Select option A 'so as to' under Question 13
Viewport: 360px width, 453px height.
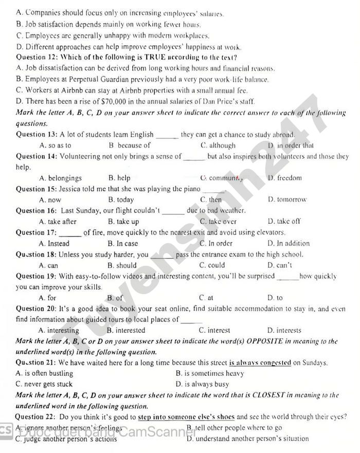click(x=55, y=146)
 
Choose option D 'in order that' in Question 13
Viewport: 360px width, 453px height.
click(x=291, y=146)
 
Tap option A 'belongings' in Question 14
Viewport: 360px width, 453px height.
click(x=60, y=178)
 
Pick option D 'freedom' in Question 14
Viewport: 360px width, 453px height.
click(x=284, y=178)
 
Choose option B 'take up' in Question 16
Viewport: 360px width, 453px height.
click(x=123, y=222)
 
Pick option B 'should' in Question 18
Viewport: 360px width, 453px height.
click(x=122, y=265)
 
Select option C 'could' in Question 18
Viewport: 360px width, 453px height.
click(x=212, y=265)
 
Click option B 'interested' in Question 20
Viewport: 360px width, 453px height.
click(x=126, y=331)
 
